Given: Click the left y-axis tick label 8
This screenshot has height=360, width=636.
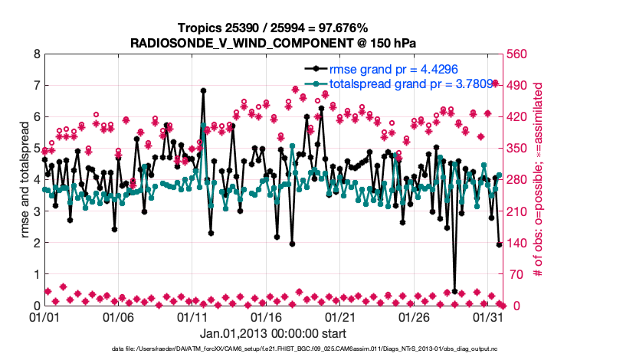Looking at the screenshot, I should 37,54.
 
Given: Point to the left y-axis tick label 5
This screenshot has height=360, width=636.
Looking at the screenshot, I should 37,149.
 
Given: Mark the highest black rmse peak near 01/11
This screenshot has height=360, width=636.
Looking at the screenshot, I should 203,90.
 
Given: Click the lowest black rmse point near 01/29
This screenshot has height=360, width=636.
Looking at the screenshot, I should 454,292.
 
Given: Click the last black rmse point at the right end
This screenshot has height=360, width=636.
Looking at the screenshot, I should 499,244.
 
